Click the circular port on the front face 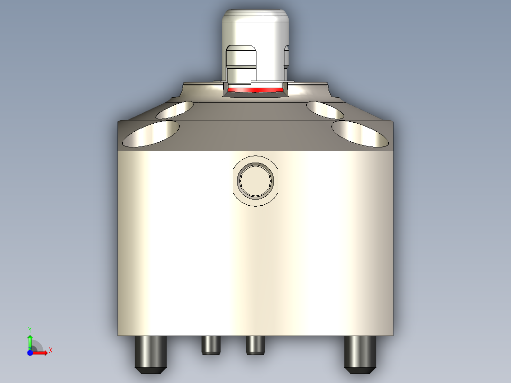[x=256, y=181]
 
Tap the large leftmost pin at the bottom [x=151, y=353]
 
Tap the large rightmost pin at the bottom [x=360, y=353]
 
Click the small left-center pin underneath [x=211, y=345]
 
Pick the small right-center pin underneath [x=255, y=345]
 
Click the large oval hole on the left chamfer [x=151, y=133]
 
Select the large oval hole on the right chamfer [x=360, y=133]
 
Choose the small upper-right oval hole [x=325, y=109]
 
